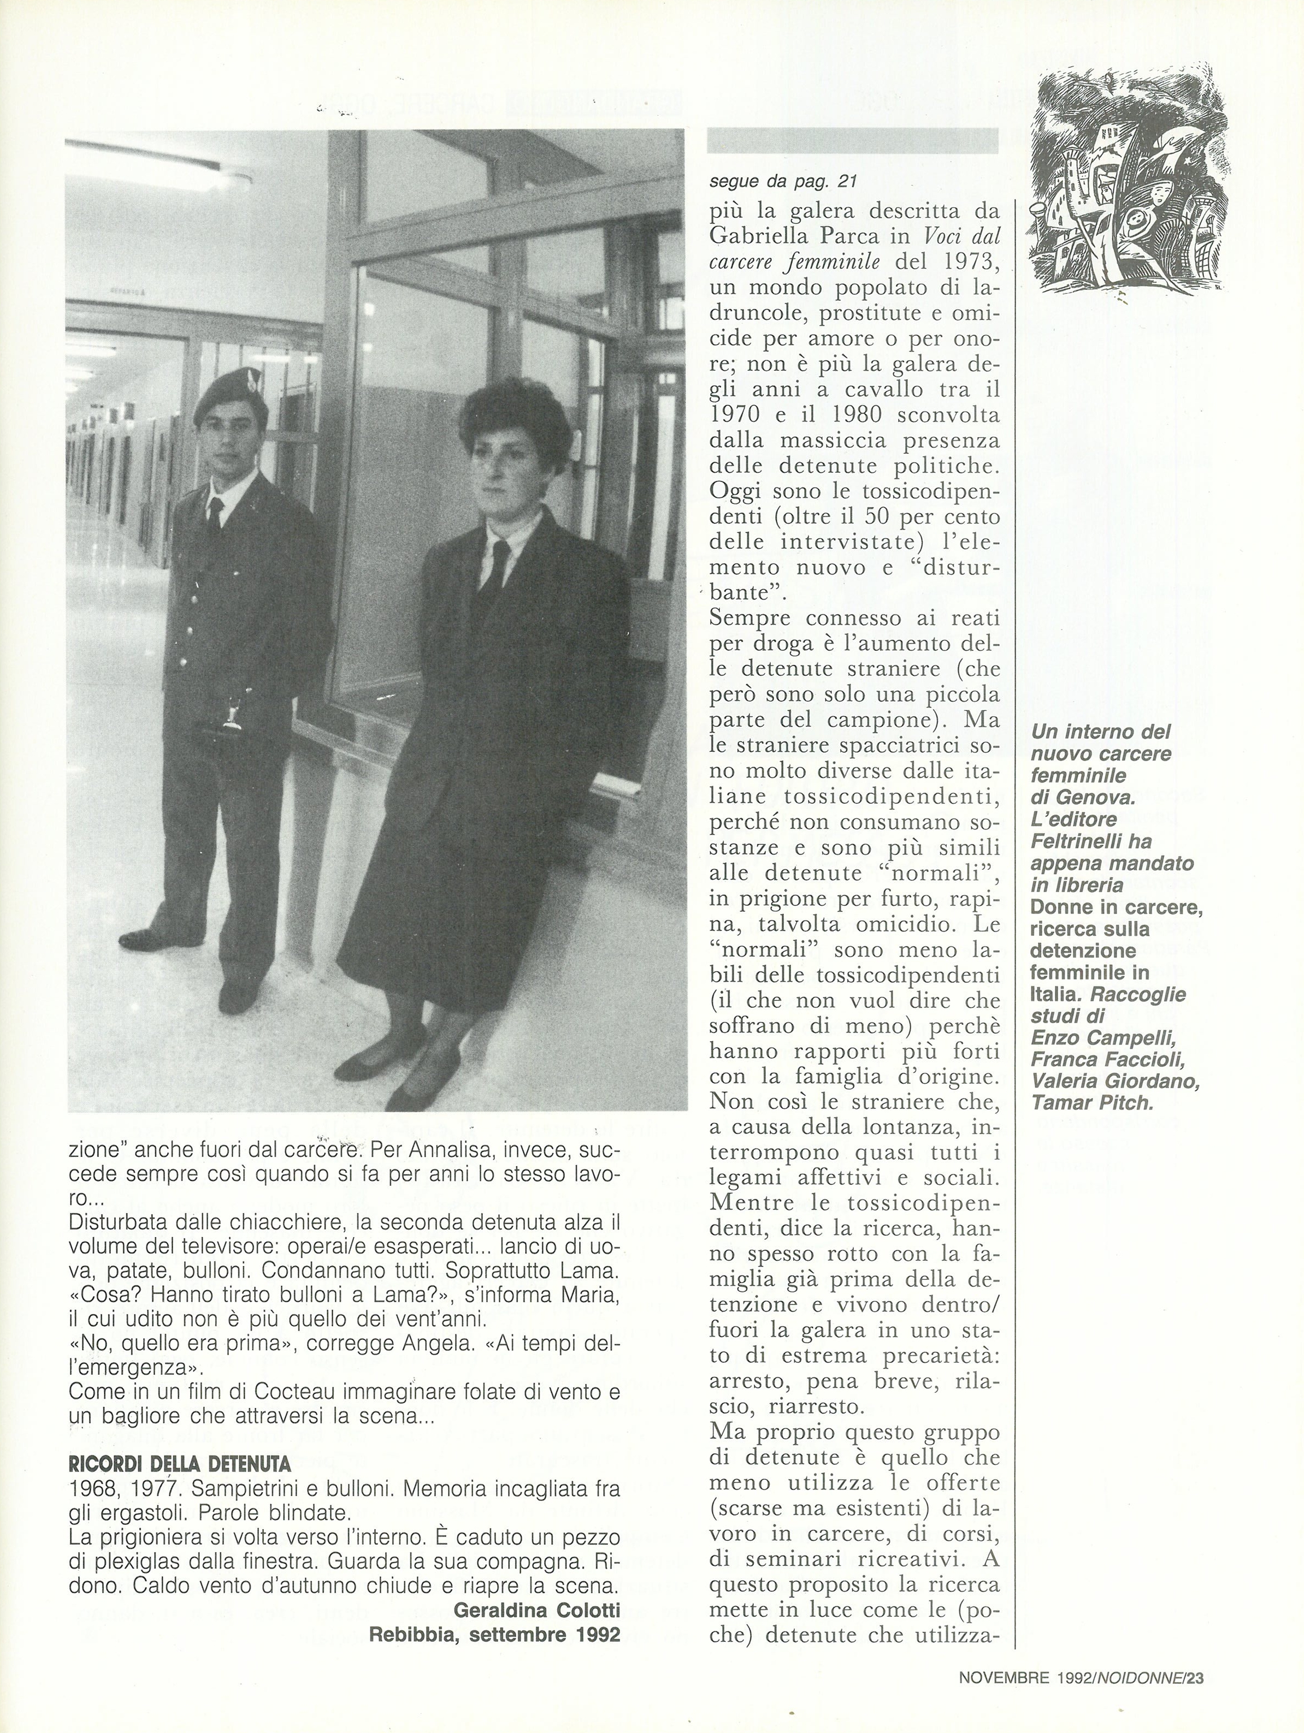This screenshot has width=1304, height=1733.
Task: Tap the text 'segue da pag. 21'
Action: point(781,182)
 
